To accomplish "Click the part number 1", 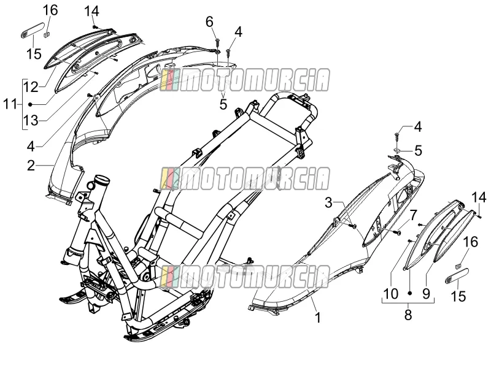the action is (x=318, y=318).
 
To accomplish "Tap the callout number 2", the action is (x=31, y=165).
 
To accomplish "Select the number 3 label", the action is (x=328, y=203).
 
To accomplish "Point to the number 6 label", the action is (x=209, y=22).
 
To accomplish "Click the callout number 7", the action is (x=413, y=215).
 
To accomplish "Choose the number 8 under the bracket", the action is (x=408, y=315).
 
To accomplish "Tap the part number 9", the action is (x=426, y=294).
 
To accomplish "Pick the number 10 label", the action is (x=391, y=294).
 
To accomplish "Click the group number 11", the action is (x=10, y=104).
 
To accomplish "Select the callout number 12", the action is (x=31, y=87).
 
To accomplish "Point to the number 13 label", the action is (x=31, y=120).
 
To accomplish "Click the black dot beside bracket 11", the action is (x=30, y=104).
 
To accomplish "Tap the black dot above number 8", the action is (x=409, y=293).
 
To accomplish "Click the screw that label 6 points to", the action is (x=217, y=42).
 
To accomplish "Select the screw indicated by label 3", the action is (x=354, y=225).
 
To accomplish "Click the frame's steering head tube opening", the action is (x=101, y=180).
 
